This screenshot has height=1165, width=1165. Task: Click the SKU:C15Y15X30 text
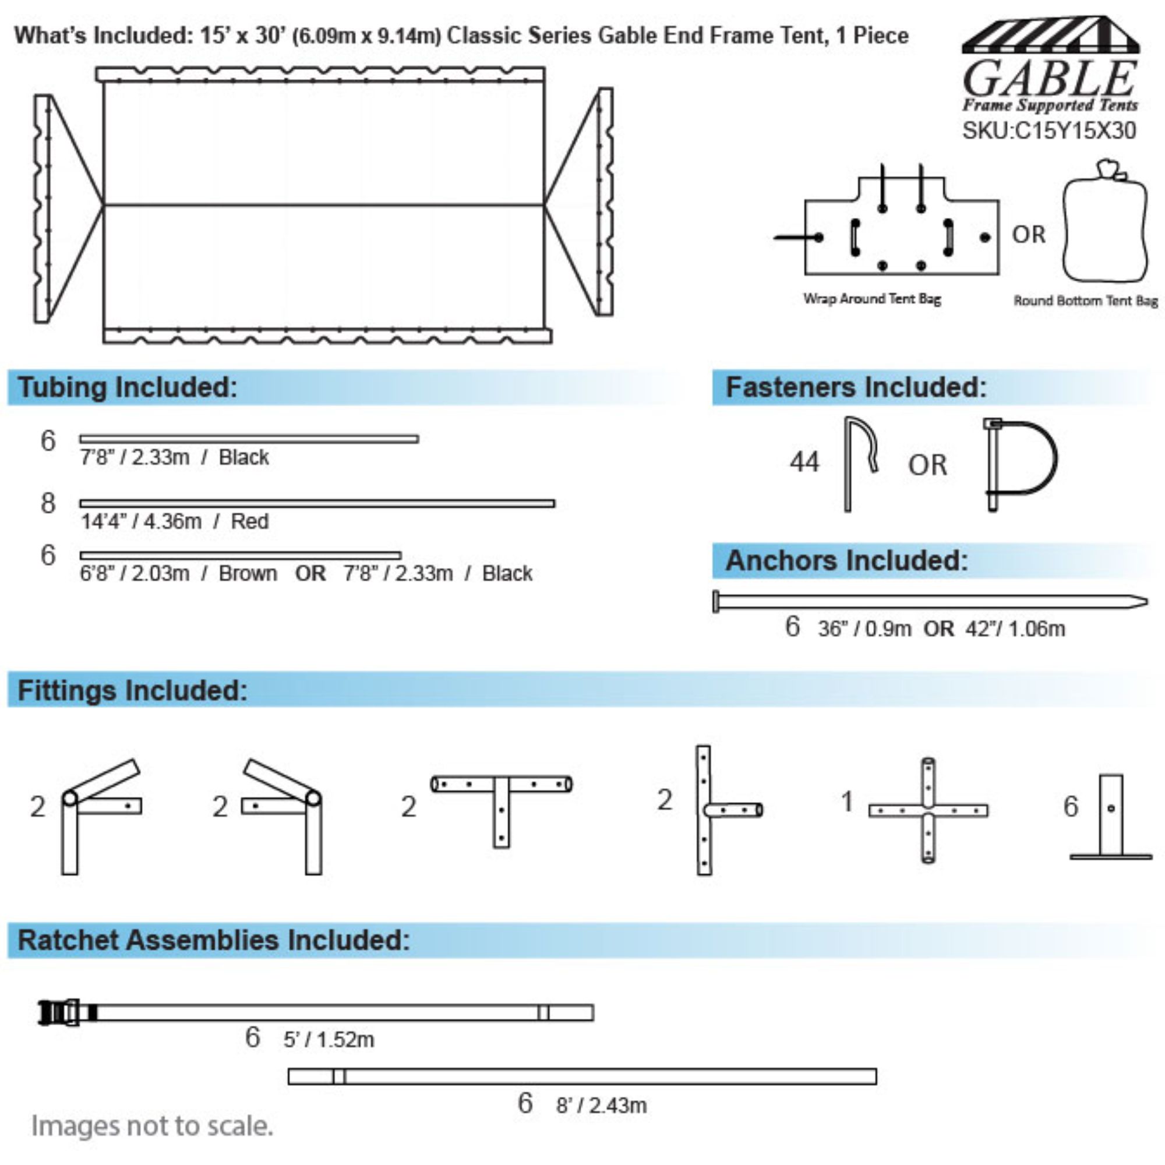tap(1048, 131)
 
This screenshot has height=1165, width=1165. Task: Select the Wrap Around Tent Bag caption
tap(872, 298)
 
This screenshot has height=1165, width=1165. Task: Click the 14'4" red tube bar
tap(317, 503)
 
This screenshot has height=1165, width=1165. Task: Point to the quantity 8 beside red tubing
tap(48, 503)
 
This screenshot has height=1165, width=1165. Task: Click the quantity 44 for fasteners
tap(804, 462)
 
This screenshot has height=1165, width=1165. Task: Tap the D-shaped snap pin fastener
tap(1021, 464)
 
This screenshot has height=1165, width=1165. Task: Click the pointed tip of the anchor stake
tap(1146, 601)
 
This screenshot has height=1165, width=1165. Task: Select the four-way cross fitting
tap(928, 810)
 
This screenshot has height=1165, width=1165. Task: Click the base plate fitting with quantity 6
tap(1111, 817)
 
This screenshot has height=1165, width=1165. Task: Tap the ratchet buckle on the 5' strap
tap(59, 1012)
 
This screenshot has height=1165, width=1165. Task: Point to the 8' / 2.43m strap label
tap(601, 1106)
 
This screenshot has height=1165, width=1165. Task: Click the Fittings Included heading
tap(133, 690)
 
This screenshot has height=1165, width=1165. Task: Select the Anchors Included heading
tap(846, 560)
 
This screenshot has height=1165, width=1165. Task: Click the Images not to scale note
tap(152, 1126)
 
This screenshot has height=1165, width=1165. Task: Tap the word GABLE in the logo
tap(1050, 79)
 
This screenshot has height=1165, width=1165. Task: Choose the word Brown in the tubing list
tap(248, 573)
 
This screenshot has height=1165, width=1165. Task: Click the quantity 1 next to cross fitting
tap(847, 802)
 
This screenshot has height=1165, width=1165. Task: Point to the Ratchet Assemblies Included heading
tap(214, 940)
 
